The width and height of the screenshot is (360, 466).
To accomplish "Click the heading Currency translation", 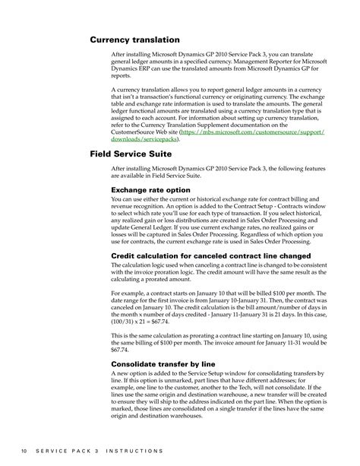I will [135, 39].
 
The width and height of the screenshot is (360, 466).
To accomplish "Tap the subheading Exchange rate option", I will [150, 190].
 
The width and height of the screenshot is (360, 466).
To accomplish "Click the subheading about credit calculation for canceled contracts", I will [205, 256].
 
